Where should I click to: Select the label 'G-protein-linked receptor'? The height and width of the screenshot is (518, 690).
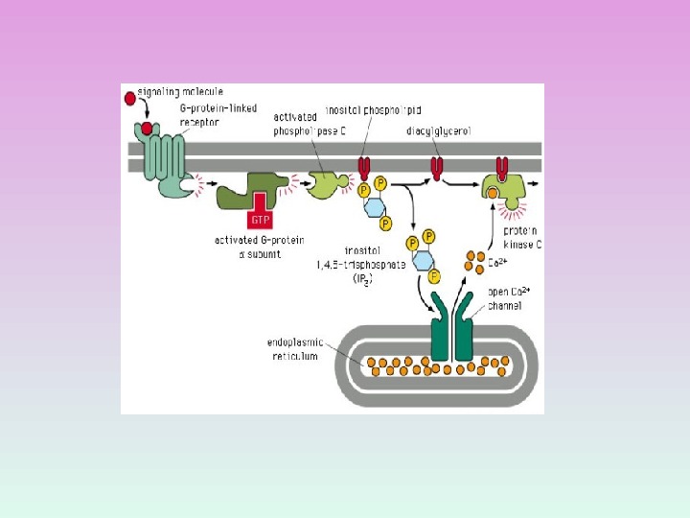(x=205, y=115)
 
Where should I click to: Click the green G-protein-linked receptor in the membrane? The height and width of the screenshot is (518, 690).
(x=163, y=158)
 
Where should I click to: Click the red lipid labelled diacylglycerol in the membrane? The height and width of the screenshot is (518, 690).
(x=437, y=169)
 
